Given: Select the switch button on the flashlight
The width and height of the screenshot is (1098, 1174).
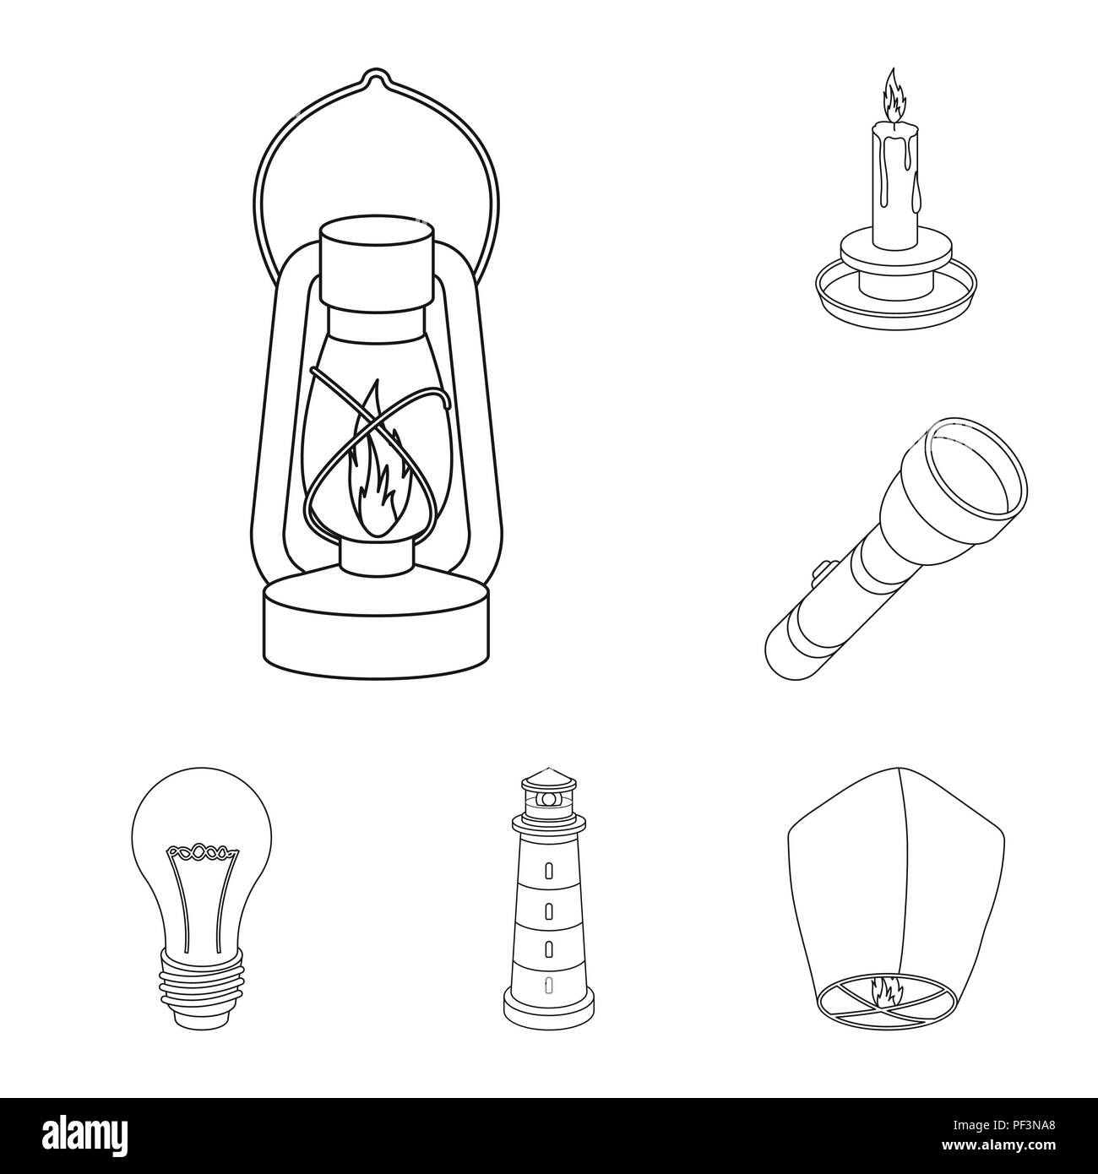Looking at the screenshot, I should point(818,577).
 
